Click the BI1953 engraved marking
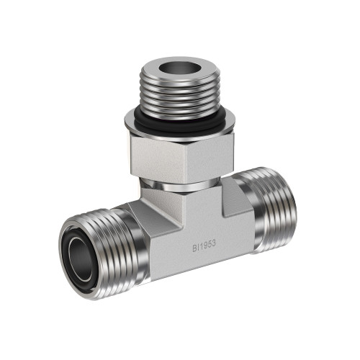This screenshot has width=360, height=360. (x=204, y=246)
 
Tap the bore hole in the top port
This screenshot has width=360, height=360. (x=179, y=67)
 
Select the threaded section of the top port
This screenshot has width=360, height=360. (x=179, y=96)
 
